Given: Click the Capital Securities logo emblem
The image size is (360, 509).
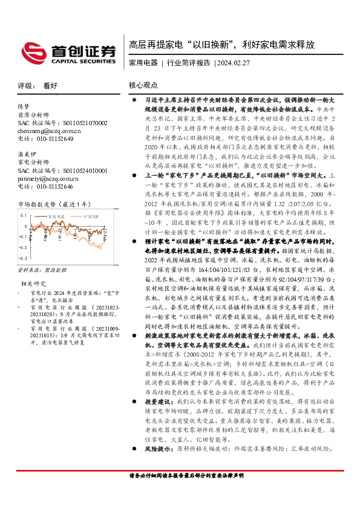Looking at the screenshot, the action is coord(33,51).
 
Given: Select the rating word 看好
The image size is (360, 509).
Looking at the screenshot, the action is coord(50,86).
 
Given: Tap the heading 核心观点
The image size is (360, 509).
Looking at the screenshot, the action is coord(143,86).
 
